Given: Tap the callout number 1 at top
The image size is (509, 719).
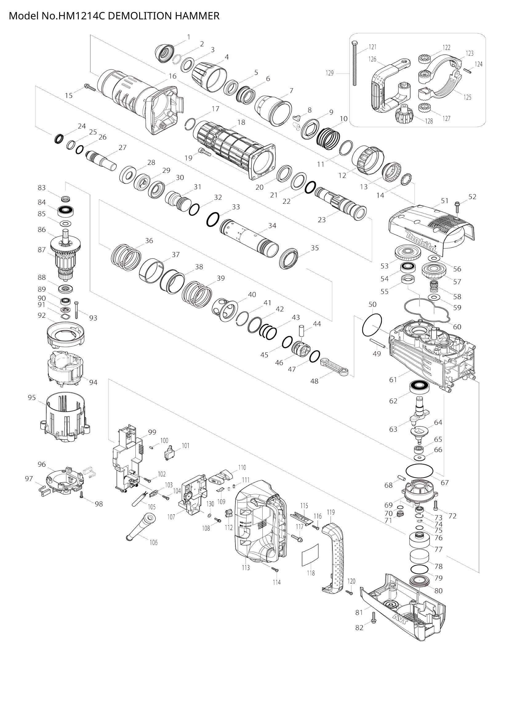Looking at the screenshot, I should click(x=189, y=37).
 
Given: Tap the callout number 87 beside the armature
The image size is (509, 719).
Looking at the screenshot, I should click(x=42, y=250).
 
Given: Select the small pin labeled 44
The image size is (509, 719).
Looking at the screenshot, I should click(x=302, y=331).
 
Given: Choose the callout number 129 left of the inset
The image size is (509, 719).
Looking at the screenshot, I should click(x=330, y=73).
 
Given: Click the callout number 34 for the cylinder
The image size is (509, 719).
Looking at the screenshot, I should click(x=272, y=225).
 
